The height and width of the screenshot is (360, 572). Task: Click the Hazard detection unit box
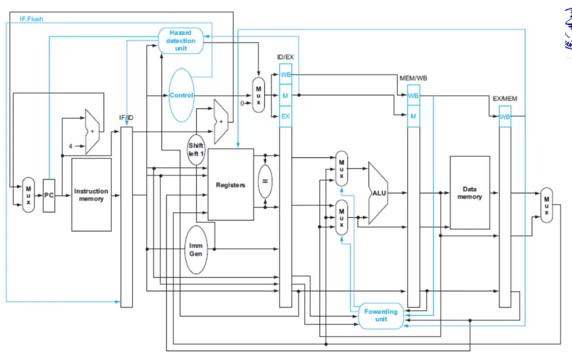point(181,41)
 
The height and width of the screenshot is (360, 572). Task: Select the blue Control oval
point(182,95)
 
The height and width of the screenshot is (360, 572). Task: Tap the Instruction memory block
point(92,195)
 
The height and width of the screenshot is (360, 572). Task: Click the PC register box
point(49,196)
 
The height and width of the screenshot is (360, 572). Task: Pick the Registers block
point(231,184)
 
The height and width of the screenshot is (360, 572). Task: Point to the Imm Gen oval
point(196,250)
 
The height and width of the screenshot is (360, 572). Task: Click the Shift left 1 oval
point(196,150)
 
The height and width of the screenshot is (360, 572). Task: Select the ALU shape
point(378,193)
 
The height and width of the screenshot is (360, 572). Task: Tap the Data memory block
point(470,193)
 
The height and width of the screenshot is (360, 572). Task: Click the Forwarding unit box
point(381,315)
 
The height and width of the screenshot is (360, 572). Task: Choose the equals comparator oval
point(265,181)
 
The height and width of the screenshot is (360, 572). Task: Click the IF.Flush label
point(31,19)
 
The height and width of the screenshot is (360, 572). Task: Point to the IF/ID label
point(126,118)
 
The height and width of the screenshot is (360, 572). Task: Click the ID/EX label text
point(286,57)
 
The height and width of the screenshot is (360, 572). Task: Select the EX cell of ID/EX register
point(286,116)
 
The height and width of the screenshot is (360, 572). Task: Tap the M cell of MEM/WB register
point(414,116)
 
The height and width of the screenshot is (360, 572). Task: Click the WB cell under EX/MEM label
point(505,117)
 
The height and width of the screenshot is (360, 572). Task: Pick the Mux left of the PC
point(28,195)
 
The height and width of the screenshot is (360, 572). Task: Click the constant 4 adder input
point(71,146)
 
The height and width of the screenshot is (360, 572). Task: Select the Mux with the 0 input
point(258,95)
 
